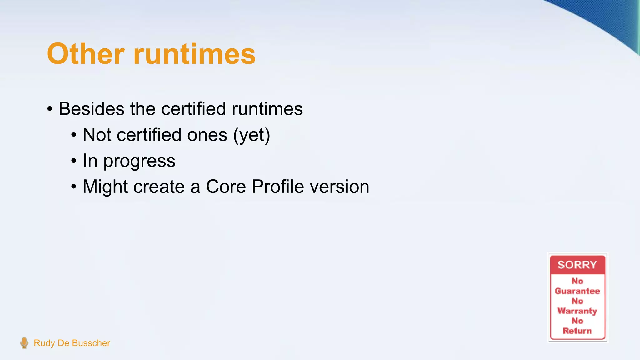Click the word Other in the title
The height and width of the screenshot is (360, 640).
[86, 54]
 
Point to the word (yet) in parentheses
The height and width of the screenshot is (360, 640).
[252, 135]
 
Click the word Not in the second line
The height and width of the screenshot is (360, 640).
[97, 135]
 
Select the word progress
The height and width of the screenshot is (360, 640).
[139, 161]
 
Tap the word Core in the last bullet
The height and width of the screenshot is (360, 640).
[226, 187]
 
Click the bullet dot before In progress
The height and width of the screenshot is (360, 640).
[74, 161]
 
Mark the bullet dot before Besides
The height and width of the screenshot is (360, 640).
[50, 109]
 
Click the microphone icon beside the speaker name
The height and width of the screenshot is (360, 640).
[24, 343]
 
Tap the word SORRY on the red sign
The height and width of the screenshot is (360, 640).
[577, 265]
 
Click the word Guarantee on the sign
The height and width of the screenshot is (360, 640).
[577, 291]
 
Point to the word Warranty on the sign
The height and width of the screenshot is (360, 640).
[577, 311]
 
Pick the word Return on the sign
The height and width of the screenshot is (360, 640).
[577, 331]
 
